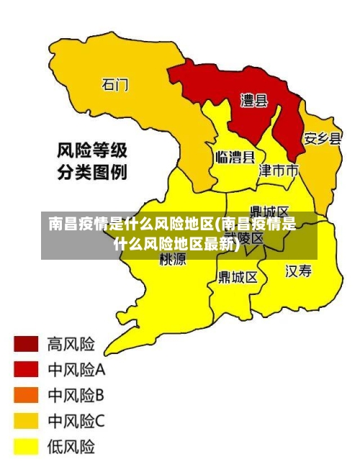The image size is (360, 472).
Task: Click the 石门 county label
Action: pyautogui.click(x=115, y=85)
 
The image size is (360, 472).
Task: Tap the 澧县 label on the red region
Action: pyautogui.click(x=253, y=101)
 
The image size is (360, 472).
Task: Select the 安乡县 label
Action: pyautogui.click(x=322, y=138)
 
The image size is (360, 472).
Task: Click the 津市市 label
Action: pyautogui.click(x=279, y=171)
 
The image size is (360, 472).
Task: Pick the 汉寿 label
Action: pyautogui.click(x=299, y=271)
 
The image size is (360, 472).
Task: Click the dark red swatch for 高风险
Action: pyautogui.click(x=26, y=343)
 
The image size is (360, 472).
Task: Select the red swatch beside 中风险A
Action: pyautogui.click(x=26, y=369)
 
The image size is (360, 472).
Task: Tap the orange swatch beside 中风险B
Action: pyautogui.click(x=26, y=395)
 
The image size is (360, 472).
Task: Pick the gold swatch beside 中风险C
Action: pyautogui.click(x=26, y=421)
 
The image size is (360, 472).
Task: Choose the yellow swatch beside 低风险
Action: pyautogui.click(x=26, y=447)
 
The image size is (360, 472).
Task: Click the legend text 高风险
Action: pyautogui.click(x=71, y=343)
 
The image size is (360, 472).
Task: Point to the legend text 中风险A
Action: pyautogui.click(x=76, y=370)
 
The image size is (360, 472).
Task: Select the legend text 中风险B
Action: pyautogui.click(x=76, y=395)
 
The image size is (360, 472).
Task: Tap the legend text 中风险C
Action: pyautogui.click(x=76, y=421)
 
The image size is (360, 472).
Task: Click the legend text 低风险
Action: pyautogui.click(x=71, y=447)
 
